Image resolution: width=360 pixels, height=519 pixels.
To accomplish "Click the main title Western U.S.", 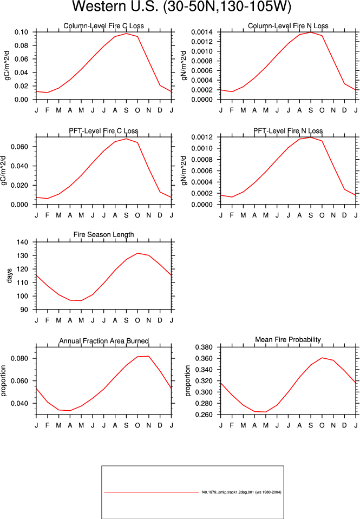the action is [x=115, y=6].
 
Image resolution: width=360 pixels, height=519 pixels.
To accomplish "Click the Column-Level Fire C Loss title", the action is [x=103, y=26].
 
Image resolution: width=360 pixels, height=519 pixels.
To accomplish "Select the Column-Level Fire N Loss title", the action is [x=288, y=26].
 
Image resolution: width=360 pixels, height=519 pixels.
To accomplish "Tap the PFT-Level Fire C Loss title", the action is [x=103, y=131].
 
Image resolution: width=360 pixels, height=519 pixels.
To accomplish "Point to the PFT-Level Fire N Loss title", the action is [x=288, y=131].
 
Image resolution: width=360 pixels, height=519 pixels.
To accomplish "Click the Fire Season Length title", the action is [x=103, y=235].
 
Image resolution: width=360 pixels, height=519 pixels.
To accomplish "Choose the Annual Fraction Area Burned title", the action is [x=103, y=341].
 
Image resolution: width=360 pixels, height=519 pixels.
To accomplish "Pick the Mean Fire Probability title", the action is [x=288, y=340].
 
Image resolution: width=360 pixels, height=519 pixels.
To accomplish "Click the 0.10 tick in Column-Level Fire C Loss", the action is [x=21, y=32].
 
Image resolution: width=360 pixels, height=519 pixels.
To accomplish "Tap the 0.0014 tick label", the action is [x=202, y=32].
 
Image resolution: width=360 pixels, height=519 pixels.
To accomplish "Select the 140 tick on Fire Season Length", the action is [x=23, y=242].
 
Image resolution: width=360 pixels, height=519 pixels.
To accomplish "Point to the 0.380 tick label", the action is [x=204, y=347].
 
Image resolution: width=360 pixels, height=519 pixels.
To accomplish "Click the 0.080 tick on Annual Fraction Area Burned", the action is [x=19, y=358].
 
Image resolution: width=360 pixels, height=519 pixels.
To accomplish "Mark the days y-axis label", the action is [x=9, y=275].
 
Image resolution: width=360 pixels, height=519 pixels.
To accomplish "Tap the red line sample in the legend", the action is [x=152, y=492].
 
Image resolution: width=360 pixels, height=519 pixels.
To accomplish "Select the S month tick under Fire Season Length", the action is [x=126, y=320].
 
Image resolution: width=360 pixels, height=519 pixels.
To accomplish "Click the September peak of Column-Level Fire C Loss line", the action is [x=126, y=34].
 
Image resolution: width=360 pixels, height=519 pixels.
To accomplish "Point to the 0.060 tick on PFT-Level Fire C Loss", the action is [x=19, y=147].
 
